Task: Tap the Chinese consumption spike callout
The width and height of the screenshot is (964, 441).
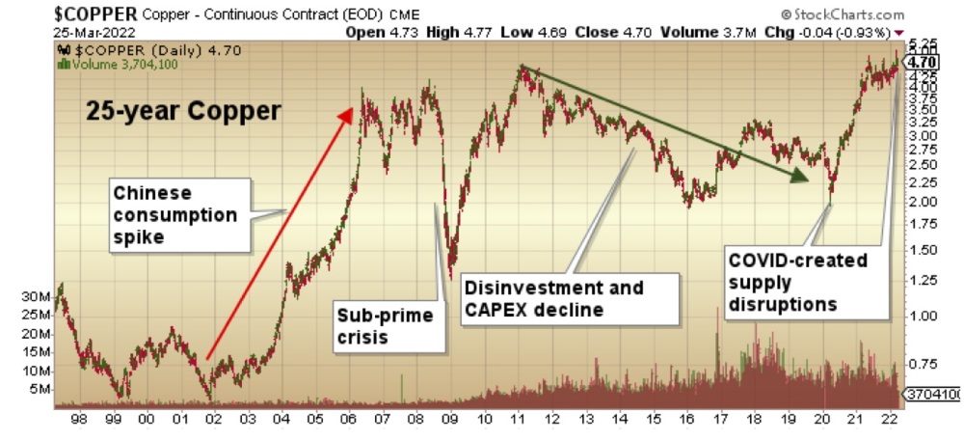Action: point(174,214)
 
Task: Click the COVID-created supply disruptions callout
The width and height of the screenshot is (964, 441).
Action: point(797,282)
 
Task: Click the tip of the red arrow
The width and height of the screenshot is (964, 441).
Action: point(350,110)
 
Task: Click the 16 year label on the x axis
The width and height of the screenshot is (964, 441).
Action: point(686,420)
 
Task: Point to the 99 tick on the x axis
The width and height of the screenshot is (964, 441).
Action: point(113,420)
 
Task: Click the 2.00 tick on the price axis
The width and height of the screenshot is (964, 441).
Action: point(923,202)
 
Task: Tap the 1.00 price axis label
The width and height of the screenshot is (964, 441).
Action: point(923,316)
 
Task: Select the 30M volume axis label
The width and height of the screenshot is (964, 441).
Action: point(35,297)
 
